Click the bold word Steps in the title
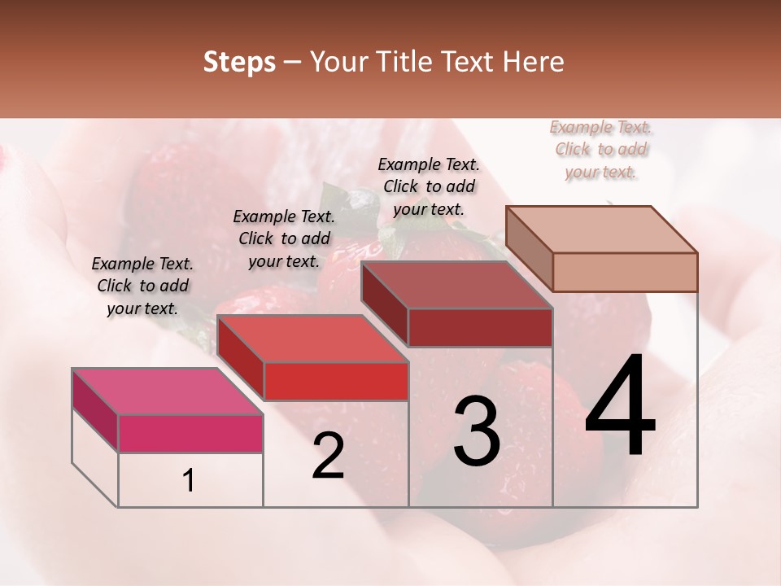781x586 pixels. pos(239,62)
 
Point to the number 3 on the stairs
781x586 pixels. pos(476,431)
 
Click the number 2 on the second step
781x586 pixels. pos(328,456)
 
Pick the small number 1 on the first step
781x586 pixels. pos(189,481)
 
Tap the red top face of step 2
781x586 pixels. pos(312,338)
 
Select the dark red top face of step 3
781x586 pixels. pos(456,285)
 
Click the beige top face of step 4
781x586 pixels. pos(601,229)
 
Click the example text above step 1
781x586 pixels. pos(142,286)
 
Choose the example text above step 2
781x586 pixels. pos(284,238)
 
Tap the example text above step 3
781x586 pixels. pos(429,186)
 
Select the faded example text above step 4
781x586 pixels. pos(601,149)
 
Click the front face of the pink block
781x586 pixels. pos(190,433)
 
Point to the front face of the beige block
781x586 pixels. pos(625,272)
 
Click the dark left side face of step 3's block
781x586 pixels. pos(385,305)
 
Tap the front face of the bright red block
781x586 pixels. pos(335,381)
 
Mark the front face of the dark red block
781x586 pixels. pos(480,327)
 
